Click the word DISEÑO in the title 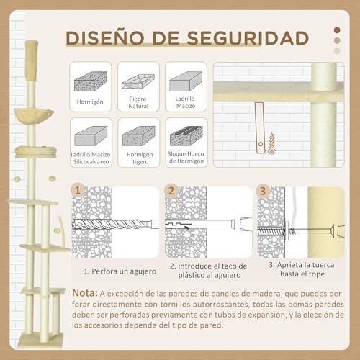[105, 38]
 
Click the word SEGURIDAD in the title [248, 38]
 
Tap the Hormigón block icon [90, 81]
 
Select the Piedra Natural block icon [138, 81]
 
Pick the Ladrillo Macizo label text [185, 102]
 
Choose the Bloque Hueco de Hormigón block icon [186, 136]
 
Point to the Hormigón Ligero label [140, 158]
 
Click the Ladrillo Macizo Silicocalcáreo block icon [91, 136]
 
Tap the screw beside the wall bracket [272, 143]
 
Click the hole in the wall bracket [261, 144]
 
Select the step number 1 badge [78, 191]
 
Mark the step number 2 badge [171, 191]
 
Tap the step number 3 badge [263, 192]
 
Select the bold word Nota [85, 293]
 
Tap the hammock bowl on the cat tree [33, 115]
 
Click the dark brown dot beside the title [337, 30]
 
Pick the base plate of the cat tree [41, 340]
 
